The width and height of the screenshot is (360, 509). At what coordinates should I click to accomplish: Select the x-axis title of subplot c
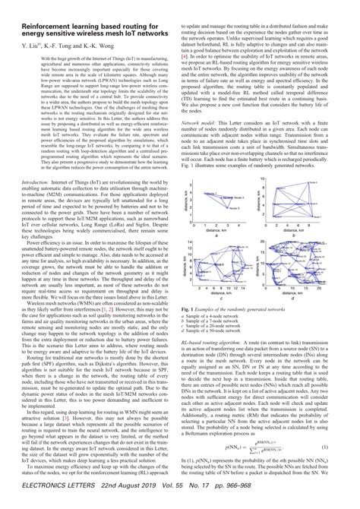click(223, 291)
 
